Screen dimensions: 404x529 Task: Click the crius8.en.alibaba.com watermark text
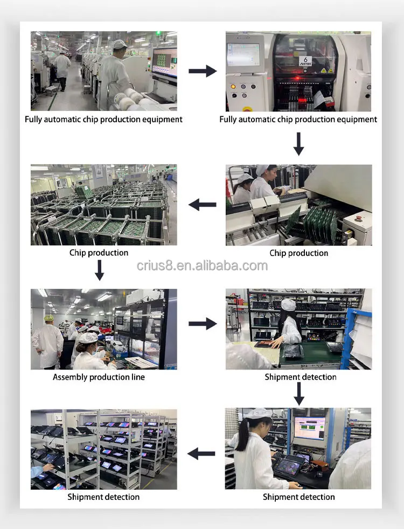point(202,266)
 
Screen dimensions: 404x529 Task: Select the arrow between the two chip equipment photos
point(202,71)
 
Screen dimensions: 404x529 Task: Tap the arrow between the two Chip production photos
point(202,204)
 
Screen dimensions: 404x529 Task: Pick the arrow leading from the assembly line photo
point(202,324)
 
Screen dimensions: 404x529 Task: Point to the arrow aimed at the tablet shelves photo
point(202,454)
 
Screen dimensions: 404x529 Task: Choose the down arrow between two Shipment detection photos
point(299,393)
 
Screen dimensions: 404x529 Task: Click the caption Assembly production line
point(99,377)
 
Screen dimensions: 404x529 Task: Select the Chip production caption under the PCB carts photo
point(99,253)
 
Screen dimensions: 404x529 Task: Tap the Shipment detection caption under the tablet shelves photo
point(103,497)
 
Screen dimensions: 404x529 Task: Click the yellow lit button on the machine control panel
point(233,86)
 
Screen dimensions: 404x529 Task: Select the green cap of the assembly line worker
point(49,318)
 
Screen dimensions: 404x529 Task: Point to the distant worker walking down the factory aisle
point(62,68)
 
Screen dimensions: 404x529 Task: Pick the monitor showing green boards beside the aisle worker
point(164,62)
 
